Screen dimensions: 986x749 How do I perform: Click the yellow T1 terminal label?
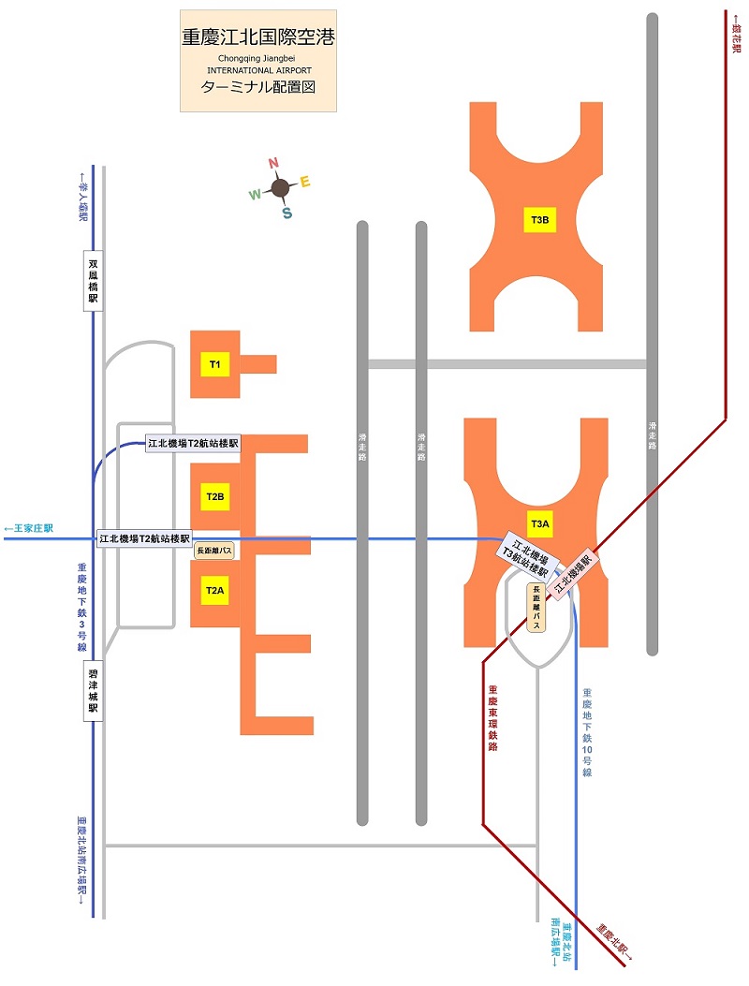pyautogui.click(x=214, y=363)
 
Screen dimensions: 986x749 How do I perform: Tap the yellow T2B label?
pyautogui.click(x=214, y=496)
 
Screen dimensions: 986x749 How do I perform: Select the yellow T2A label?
pyautogui.click(x=214, y=590)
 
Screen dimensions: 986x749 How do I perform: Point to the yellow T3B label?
pyautogui.click(x=540, y=221)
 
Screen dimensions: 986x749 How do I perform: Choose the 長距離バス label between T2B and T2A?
pyautogui.click(x=214, y=552)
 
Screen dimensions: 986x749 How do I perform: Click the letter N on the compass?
pyautogui.click(x=273, y=163)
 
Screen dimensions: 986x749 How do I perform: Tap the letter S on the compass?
pyautogui.click(x=286, y=213)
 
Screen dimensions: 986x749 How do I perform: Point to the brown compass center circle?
pyautogui.click(x=280, y=189)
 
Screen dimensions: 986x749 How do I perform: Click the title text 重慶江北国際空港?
pyautogui.click(x=258, y=38)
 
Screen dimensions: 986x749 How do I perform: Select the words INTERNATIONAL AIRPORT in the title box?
pyautogui.click(x=258, y=70)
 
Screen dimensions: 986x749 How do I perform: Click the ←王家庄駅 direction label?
pyautogui.click(x=29, y=529)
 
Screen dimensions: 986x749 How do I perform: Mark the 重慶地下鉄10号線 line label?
pyautogui.click(x=587, y=732)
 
